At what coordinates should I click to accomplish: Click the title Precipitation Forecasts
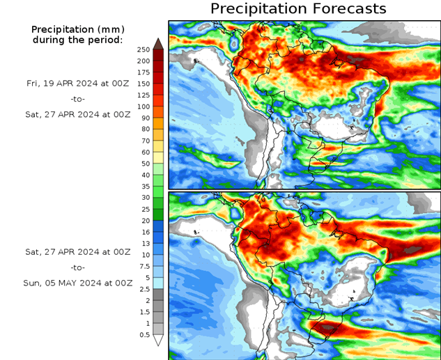pos(297,9)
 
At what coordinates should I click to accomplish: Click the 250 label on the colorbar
pos(144,49)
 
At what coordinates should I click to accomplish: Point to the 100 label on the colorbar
pos(144,107)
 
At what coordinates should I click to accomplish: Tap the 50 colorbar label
pos(144,164)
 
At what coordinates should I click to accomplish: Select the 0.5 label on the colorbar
pos(144,335)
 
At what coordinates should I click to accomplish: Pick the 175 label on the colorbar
pos(144,72)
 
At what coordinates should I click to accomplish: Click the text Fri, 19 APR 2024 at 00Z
pos(78,83)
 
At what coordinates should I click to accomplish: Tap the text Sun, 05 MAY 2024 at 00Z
pos(78,283)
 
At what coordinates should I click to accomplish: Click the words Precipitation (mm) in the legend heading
pos(77,29)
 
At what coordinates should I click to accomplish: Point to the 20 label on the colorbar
pos(145,221)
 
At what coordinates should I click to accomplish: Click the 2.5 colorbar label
pos(144,289)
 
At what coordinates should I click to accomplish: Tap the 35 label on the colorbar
pos(145,187)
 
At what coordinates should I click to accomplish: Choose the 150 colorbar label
pos(144,84)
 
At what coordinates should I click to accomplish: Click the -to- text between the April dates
pos(78,98)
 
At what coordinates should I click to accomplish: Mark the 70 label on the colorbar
pos(145,141)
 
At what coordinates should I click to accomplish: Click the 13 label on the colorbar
pos(145,244)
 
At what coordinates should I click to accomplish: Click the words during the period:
pos(77,40)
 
